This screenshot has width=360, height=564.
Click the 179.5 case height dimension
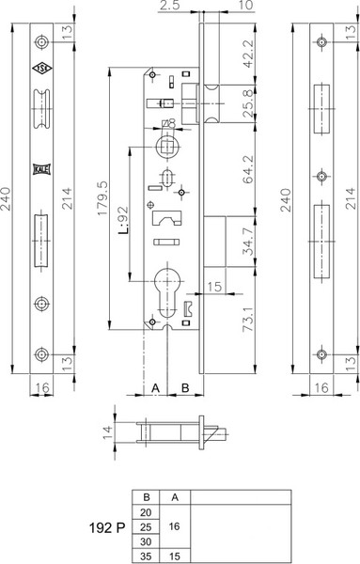tap(102, 198)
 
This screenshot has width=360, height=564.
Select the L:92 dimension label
tap(123, 220)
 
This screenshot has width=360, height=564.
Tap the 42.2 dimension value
tap(248, 54)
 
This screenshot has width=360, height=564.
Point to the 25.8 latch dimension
tap(248, 104)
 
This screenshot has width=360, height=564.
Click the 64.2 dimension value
tap(248, 170)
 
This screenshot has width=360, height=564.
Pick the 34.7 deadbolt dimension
tap(248, 242)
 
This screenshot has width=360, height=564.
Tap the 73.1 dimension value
tap(248, 319)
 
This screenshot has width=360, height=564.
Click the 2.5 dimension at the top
tap(169, 6)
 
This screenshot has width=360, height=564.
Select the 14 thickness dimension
tap(108, 431)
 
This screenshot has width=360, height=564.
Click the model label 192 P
tap(107, 527)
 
